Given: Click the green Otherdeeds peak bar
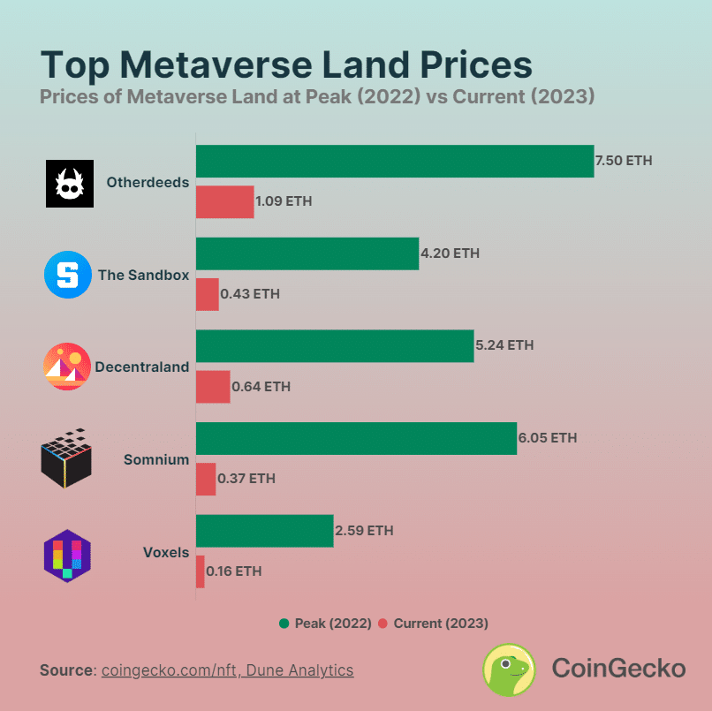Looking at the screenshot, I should (x=394, y=161).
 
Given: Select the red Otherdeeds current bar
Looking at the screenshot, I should (x=224, y=201).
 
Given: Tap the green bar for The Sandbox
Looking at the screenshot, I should (x=307, y=253).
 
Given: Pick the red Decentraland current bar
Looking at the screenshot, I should (x=213, y=386).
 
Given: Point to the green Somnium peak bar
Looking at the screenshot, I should (x=355, y=438).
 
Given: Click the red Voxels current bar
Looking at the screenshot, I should (x=201, y=571).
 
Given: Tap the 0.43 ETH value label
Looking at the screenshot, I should (x=250, y=294).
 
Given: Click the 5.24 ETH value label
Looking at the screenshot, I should (x=504, y=345).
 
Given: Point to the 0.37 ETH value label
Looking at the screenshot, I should (x=246, y=479).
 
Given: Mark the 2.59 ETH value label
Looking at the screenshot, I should (x=364, y=531).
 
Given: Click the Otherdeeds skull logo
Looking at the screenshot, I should (x=69, y=183).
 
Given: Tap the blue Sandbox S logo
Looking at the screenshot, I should (x=68, y=275).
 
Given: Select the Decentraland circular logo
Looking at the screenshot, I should (x=67, y=367).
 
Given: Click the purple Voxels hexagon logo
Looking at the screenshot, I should (x=68, y=554).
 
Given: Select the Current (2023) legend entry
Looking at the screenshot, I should (x=433, y=624).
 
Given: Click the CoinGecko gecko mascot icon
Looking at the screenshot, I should (x=508, y=669).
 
